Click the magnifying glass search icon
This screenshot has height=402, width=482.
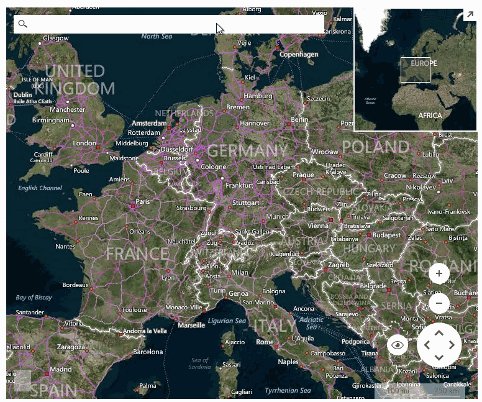click(x=23, y=24)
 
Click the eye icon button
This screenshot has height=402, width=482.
click(x=398, y=345)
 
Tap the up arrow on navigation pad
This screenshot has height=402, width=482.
click(x=439, y=333)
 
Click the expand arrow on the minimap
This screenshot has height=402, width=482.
click(x=470, y=14)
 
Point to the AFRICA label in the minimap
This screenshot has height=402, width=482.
click(x=430, y=116)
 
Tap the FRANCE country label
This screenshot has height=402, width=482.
click(x=137, y=254)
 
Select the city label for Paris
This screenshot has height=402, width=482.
click(x=143, y=201)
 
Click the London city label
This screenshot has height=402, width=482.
click(x=84, y=144)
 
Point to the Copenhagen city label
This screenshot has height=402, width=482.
click(x=299, y=55)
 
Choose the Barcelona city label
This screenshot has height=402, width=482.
click(x=148, y=352)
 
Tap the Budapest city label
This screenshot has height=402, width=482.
click(x=386, y=235)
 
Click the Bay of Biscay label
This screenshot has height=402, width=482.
click(x=34, y=298)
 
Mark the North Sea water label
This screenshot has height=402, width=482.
click(x=157, y=37)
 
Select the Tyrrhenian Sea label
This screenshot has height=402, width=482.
click(x=288, y=390)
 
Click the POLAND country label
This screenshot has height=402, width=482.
click(x=375, y=147)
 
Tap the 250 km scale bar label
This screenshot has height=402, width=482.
click(x=446, y=391)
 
